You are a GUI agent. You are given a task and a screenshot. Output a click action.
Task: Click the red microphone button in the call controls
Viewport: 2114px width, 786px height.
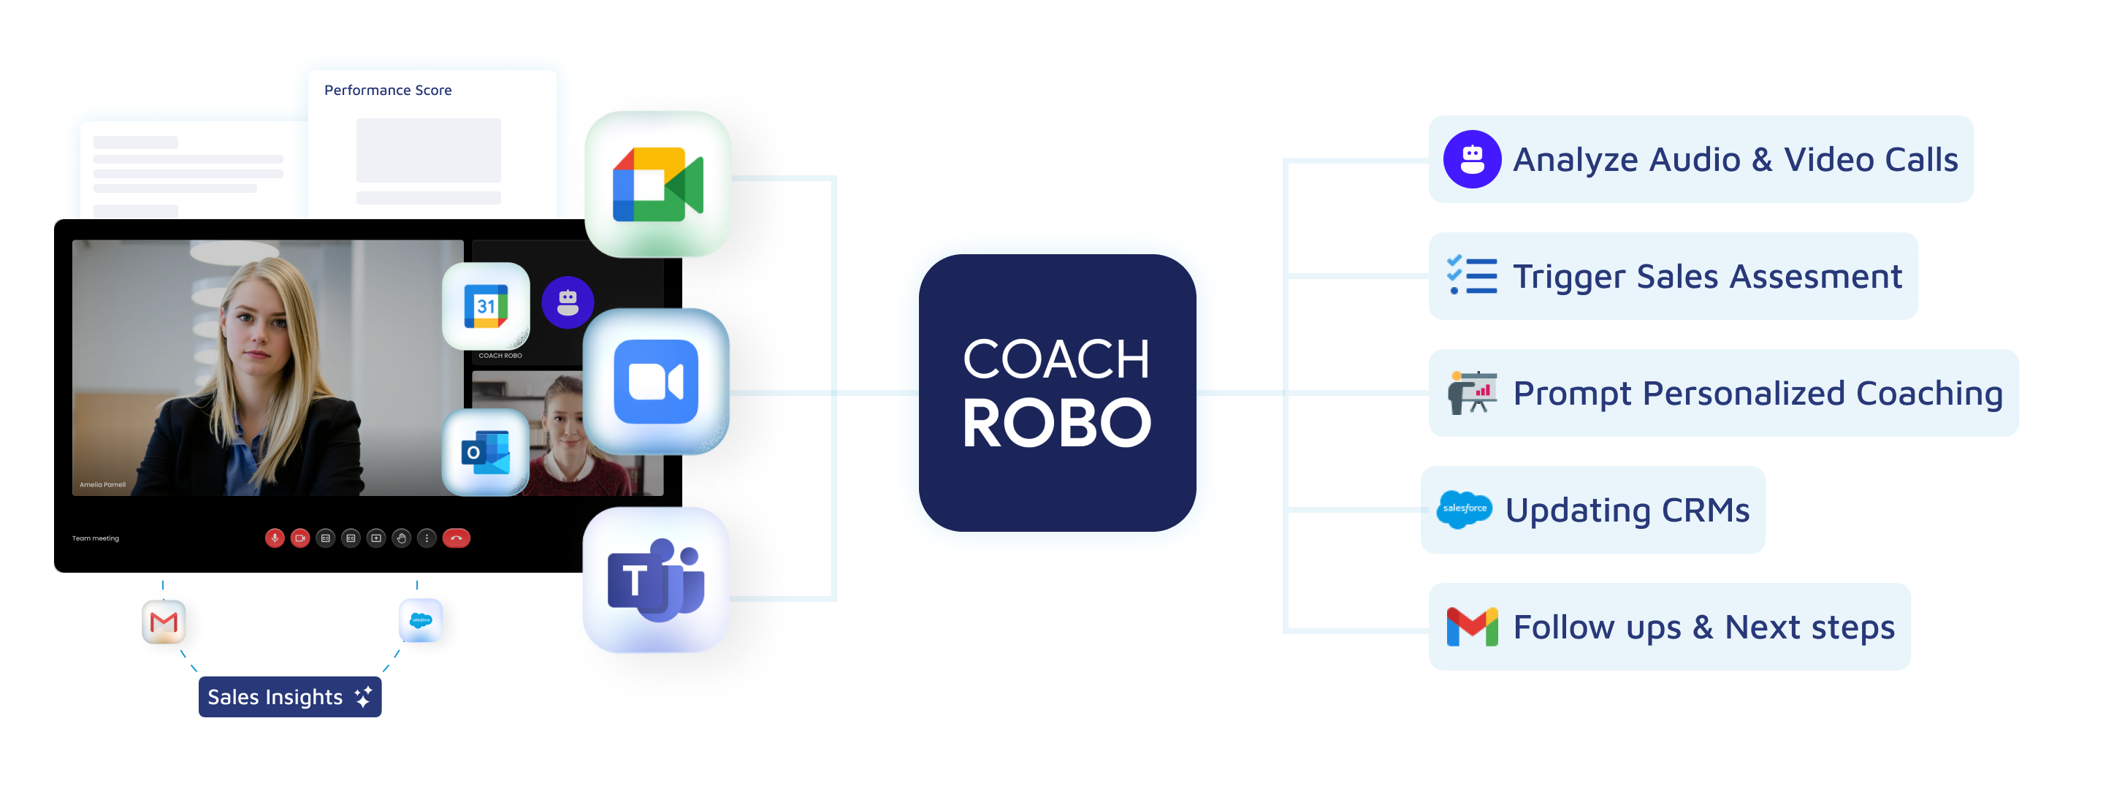click(x=274, y=538)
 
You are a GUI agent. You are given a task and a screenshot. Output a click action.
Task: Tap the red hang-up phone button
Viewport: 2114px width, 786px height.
click(x=457, y=538)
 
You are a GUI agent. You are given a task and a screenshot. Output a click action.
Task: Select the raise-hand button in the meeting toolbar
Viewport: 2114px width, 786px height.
click(x=401, y=538)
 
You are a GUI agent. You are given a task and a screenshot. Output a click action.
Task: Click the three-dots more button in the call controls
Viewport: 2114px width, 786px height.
click(x=427, y=538)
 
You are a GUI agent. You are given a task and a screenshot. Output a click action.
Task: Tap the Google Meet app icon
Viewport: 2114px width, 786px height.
click(x=657, y=185)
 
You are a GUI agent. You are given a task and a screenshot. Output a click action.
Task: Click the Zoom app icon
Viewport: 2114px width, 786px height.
click(x=656, y=381)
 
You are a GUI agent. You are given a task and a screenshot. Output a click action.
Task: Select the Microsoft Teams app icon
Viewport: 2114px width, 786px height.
click(x=656, y=580)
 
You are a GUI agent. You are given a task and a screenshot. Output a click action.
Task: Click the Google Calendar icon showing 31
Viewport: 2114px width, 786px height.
click(x=486, y=306)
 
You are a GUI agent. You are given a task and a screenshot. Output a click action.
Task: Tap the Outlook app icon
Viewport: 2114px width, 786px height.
click(x=486, y=452)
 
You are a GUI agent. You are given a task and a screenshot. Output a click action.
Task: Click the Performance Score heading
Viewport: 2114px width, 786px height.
click(x=387, y=91)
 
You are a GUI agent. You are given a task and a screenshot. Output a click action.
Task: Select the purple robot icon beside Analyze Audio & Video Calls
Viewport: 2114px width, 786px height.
click(x=1471, y=159)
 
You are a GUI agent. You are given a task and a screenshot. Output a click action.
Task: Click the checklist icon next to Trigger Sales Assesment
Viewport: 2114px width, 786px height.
click(x=1471, y=275)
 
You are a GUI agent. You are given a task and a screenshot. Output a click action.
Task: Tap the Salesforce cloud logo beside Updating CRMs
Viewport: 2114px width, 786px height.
click(x=1464, y=509)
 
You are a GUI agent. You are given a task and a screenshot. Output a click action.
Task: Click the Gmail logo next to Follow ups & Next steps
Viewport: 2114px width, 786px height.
click(x=1471, y=627)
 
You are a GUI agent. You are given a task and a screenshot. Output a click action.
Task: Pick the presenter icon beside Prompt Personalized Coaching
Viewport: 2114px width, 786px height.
click(x=1471, y=393)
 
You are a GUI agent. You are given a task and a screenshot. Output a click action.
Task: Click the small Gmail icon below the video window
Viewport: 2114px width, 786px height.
click(x=164, y=622)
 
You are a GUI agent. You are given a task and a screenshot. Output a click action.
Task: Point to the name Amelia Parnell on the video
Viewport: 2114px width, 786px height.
click(x=102, y=485)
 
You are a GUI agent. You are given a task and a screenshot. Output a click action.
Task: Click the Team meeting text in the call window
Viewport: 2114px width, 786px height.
click(x=95, y=538)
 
